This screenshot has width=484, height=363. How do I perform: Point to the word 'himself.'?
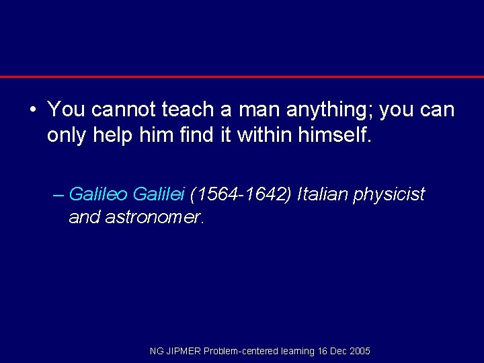(333, 136)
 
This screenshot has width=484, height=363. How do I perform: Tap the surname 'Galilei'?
(159, 195)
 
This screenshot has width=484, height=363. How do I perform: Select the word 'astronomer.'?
(155, 218)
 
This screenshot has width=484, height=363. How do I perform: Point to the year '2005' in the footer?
(360, 351)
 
